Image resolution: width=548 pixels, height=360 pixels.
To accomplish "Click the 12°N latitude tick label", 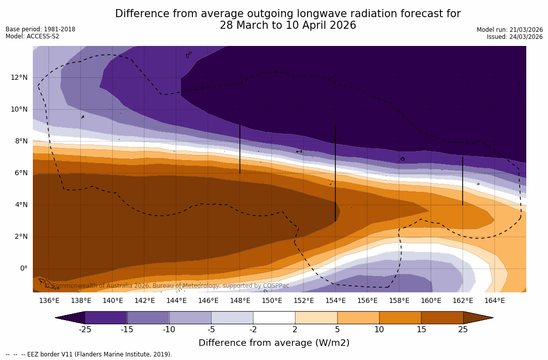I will pyautogui.click(x=19, y=77).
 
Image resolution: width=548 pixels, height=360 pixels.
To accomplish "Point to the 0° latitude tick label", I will pyautogui.click(x=23, y=268).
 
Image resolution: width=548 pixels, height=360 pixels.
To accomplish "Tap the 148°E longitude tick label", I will pyautogui.click(x=240, y=300).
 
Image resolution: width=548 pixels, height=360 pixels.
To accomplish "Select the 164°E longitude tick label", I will pyautogui.click(x=494, y=300).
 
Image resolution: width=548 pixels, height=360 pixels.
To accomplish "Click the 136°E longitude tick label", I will pyautogui.click(x=49, y=300).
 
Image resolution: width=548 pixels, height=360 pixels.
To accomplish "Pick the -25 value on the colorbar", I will pyautogui.click(x=85, y=330).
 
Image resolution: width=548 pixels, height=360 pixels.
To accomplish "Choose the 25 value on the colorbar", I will pyautogui.click(x=463, y=330).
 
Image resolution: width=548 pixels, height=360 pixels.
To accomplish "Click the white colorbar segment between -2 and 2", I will pyautogui.click(x=274, y=318).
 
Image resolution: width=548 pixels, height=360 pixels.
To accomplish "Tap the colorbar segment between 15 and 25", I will pyautogui.click(x=442, y=318).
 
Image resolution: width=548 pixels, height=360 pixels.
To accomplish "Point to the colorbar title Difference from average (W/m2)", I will pyautogui.click(x=274, y=343).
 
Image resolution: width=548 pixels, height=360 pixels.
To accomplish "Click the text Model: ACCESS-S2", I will pyautogui.click(x=32, y=36).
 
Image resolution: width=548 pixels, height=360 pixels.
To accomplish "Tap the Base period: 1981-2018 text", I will pyautogui.click(x=40, y=29).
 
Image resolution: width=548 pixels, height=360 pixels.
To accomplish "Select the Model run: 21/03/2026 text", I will pyautogui.click(x=510, y=30).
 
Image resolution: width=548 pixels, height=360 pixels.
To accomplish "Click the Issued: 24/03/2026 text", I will pyautogui.click(x=515, y=37).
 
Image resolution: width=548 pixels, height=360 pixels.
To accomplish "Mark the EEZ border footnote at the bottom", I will pyautogui.click(x=89, y=354).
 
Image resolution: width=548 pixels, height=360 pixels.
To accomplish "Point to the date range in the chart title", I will pyautogui.click(x=288, y=25).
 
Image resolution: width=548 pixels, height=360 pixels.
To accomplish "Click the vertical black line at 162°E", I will pyautogui.click(x=463, y=180).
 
